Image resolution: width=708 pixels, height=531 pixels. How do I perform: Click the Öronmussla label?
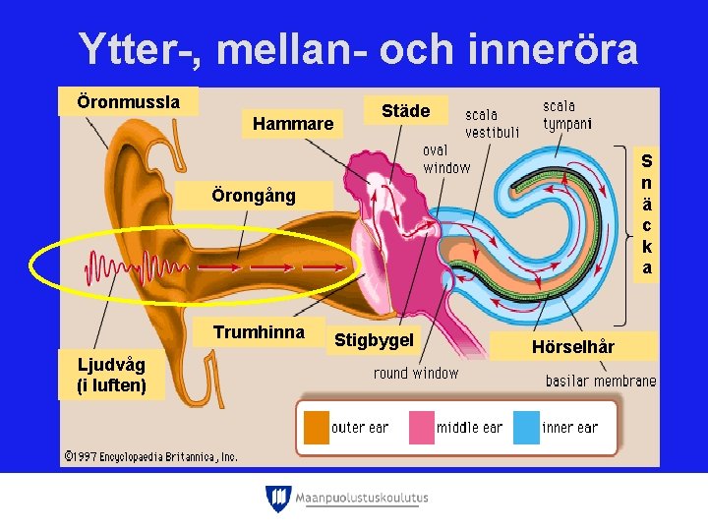(129, 101)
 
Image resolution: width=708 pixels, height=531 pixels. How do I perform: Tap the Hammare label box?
(293, 124)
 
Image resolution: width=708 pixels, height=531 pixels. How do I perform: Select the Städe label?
(405, 111)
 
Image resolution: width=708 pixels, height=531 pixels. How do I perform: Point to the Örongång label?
(254, 196)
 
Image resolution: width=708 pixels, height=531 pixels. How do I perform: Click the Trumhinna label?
(259, 332)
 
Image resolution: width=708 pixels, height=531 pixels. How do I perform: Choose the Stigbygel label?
(374, 340)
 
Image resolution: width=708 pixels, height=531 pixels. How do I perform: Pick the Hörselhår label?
(572, 346)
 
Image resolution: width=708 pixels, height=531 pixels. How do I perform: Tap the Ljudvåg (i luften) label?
(111, 376)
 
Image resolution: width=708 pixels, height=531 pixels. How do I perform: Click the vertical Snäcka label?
(646, 213)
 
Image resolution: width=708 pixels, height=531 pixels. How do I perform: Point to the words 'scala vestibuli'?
(492, 124)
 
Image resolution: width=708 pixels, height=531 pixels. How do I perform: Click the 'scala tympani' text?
(567, 114)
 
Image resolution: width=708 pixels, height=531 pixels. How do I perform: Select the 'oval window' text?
(445, 158)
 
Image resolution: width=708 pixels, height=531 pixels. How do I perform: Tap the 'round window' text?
(416, 373)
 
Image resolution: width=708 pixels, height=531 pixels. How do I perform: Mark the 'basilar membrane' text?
(601, 381)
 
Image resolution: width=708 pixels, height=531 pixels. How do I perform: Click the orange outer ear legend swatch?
(316, 428)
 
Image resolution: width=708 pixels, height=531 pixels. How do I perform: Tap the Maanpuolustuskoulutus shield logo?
(278, 499)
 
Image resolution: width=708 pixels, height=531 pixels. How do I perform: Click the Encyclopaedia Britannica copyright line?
(150, 456)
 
